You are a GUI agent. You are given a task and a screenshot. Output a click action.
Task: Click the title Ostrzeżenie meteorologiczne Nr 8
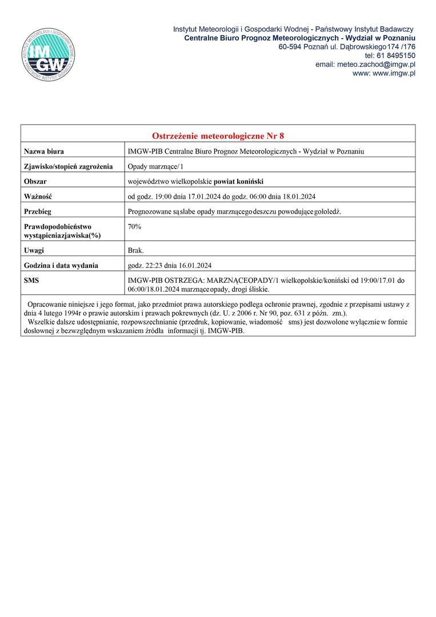click(x=218, y=136)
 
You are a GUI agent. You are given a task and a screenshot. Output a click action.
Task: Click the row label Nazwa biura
click(x=44, y=151)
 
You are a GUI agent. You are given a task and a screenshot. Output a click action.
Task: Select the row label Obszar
click(x=35, y=181)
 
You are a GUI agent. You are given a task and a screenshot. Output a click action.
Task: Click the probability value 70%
click(x=135, y=226)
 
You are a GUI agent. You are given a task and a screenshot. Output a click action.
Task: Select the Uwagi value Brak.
click(x=136, y=250)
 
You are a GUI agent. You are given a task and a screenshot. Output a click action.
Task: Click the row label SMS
click(x=31, y=280)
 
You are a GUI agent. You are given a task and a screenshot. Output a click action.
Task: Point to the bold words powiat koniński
click(x=238, y=181)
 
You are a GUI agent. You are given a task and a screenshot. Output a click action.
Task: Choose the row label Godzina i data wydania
click(x=61, y=265)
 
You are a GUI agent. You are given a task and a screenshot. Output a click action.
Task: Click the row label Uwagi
click(x=34, y=250)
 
